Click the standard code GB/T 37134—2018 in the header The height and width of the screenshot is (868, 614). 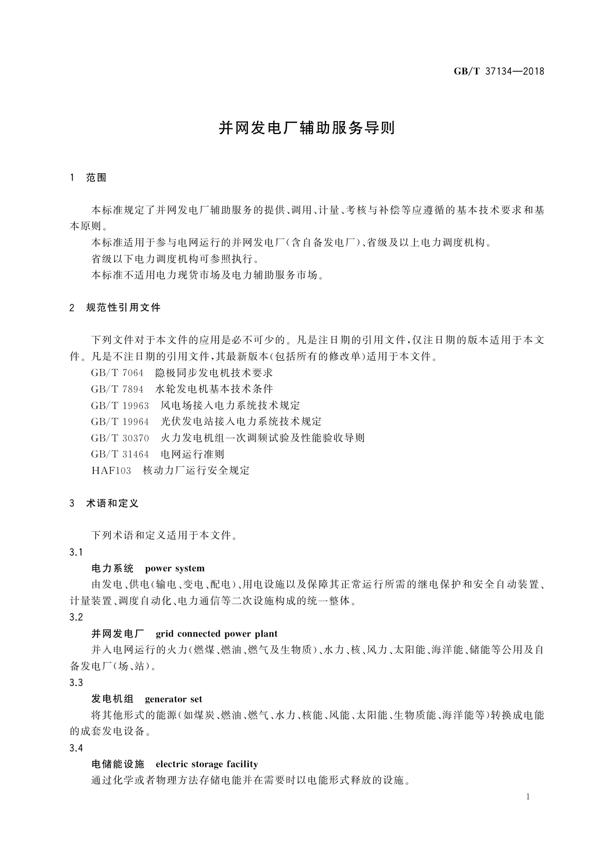pyautogui.click(x=499, y=71)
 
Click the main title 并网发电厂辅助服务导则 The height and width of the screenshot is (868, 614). pyautogui.click(x=307, y=128)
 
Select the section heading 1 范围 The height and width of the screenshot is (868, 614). pyautogui.click(x=88, y=178)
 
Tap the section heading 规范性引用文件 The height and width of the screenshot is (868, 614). pyautogui.click(x=123, y=308)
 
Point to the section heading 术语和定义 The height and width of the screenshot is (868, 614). pyautogui.click(x=112, y=503)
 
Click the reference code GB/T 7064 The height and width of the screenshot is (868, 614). pyautogui.click(x=117, y=373)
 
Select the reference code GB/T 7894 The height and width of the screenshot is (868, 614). pyautogui.click(x=117, y=389)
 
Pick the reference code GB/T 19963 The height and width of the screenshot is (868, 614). pyautogui.click(x=120, y=405)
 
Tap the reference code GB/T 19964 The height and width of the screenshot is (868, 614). pyautogui.click(x=120, y=422)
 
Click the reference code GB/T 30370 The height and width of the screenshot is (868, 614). pyautogui.click(x=120, y=438)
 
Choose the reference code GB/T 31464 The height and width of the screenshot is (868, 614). pyautogui.click(x=120, y=454)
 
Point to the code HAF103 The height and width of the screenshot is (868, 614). pyautogui.click(x=111, y=471)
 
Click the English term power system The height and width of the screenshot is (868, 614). pyautogui.click(x=175, y=569)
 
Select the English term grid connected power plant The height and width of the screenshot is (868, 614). pyautogui.click(x=217, y=633)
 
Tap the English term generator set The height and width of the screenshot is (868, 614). pyautogui.click(x=174, y=699)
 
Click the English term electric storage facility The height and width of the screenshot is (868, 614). pyautogui.click(x=207, y=764)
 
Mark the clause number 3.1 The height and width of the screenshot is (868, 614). pyautogui.click(x=76, y=552)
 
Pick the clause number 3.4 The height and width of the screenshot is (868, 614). pyautogui.click(x=76, y=748)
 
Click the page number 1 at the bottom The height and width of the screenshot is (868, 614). pyautogui.click(x=528, y=797)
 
